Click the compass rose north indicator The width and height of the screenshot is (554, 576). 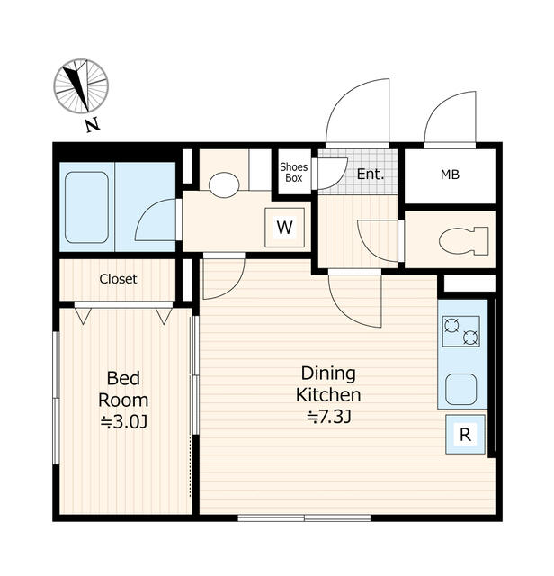click(x=81, y=86)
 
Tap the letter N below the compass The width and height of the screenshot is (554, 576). click(x=94, y=125)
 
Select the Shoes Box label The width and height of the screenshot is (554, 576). click(x=294, y=172)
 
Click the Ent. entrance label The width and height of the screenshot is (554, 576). click(x=371, y=174)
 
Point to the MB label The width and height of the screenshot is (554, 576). click(x=450, y=175)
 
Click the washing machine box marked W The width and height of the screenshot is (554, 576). click(x=285, y=228)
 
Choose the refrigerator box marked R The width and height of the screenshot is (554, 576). click(x=465, y=434)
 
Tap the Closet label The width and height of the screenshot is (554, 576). click(x=118, y=279)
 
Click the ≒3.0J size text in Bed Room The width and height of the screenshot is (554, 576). click(x=124, y=422)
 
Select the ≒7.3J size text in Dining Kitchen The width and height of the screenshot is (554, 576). click(x=329, y=417)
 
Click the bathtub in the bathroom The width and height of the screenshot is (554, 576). click(x=86, y=207)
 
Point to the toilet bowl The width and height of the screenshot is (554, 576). click(x=464, y=241)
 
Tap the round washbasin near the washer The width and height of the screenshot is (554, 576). click(x=224, y=184)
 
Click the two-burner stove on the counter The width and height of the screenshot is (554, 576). click(x=461, y=331)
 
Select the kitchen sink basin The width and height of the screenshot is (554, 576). click(x=461, y=390)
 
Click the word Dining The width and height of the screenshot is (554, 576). click(x=328, y=374)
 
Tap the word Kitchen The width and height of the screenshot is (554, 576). click(x=328, y=395)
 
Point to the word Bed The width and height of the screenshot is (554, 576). click(x=123, y=378)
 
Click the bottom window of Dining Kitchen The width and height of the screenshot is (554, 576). click(x=304, y=518)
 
